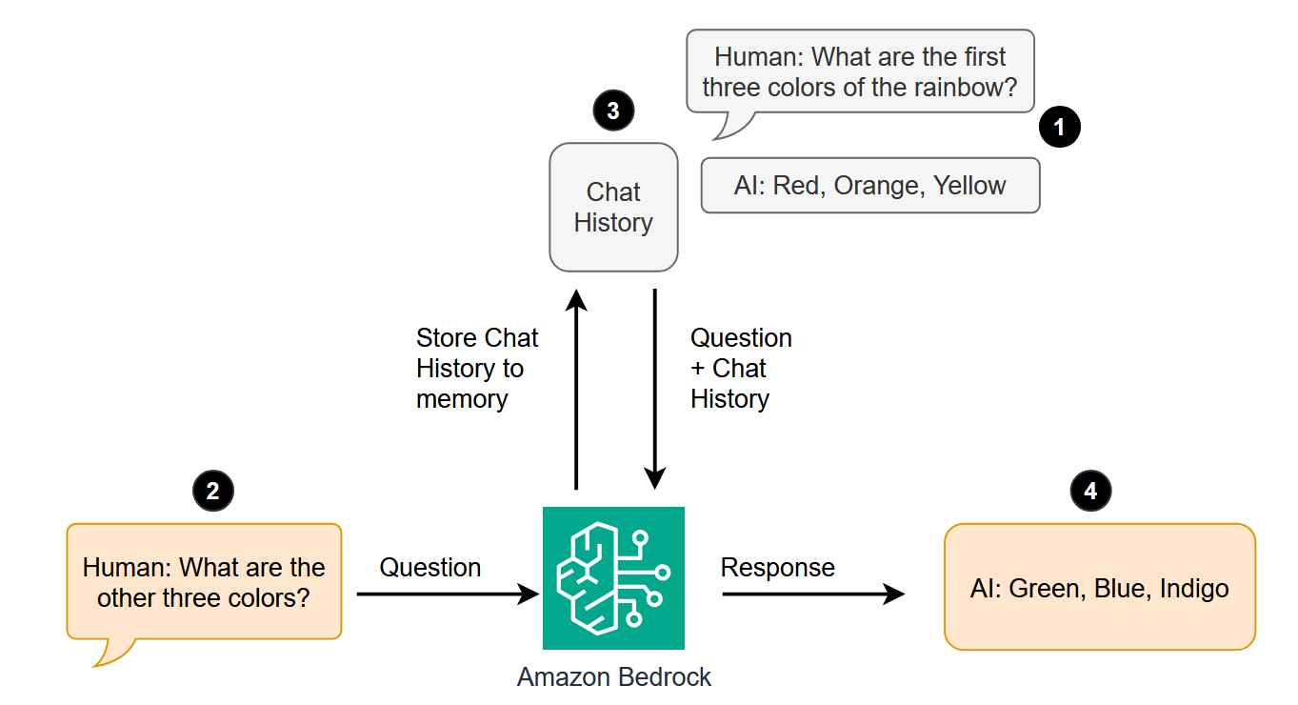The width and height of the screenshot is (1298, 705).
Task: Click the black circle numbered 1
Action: pos(1060,126)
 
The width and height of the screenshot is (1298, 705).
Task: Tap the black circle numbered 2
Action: pos(212,491)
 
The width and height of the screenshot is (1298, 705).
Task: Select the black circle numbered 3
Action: pos(612,111)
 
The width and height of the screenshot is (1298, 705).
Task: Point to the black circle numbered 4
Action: pos(1090,491)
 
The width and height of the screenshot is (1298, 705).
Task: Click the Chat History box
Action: pos(613,207)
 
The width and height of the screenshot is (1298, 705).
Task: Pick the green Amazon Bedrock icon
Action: pos(613,578)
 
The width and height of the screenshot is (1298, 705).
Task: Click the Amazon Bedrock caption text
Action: pos(613,677)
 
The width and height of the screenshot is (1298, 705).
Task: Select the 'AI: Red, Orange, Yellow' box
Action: pos(869,185)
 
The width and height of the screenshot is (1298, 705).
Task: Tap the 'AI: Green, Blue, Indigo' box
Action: pos(1099,588)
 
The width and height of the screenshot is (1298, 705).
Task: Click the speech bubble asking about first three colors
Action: pos(859,72)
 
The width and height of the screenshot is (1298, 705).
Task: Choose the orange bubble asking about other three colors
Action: pos(204,582)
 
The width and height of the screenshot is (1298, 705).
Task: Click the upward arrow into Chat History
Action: pos(575,391)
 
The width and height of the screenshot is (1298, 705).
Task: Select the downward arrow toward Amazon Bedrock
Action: pos(655,391)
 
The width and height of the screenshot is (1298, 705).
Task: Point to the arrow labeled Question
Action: pos(448,594)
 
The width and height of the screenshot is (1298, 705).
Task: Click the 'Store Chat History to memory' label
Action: pos(476,369)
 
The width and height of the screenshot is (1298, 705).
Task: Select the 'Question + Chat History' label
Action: pos(740,369)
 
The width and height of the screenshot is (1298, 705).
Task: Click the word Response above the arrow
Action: pos(777,568)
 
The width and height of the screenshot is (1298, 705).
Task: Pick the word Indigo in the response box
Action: pos(1194,589)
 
